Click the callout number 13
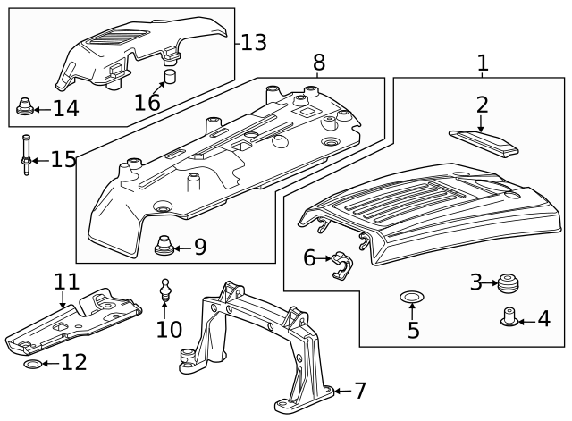coord(253,42)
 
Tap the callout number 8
coord(319,63)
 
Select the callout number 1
coord(483,63)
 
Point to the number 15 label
coord(63,160)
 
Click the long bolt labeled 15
coord(27,154)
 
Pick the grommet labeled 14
coord(25,109)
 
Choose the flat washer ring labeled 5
coord(412,295)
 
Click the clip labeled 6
coord(341,265)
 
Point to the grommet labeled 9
coord(164,244)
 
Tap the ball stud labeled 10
coord(164,290)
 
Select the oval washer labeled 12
coord(29,365)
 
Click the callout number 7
coord(360,391)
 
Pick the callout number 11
coord(66,282)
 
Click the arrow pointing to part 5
coord(412,311)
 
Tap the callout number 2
coord(482,105)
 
